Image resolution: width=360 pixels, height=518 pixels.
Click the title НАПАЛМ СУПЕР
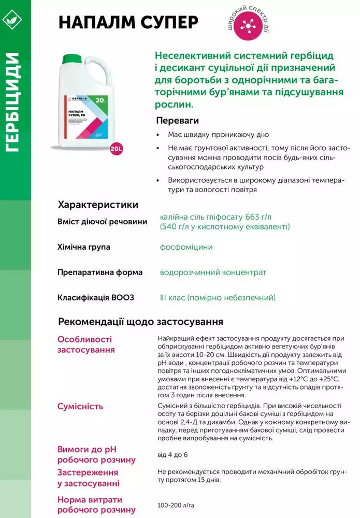[128, 23]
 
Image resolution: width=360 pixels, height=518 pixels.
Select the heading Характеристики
[98, 204]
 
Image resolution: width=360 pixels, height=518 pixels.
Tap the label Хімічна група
[83, 247]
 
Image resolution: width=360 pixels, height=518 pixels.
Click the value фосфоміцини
[186, 247]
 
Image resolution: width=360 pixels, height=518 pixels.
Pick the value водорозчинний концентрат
[213, 272]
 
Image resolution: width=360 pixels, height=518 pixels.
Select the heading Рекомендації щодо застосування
[140, 322]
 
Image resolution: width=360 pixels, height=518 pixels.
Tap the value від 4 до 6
[172, 455]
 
